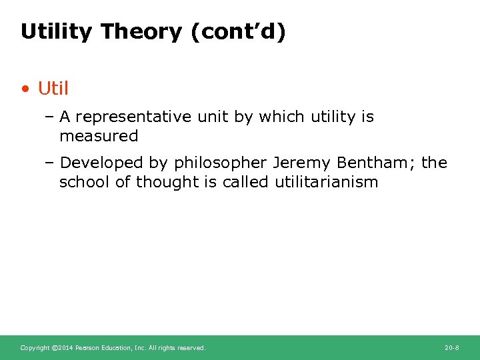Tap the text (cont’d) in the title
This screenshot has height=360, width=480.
coord(238,31)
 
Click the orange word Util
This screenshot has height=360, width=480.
coord(53,88)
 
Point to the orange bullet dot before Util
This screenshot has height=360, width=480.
coord(25,89)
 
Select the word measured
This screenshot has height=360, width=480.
coord(99,136)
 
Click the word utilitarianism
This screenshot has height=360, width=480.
coord(326,182)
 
